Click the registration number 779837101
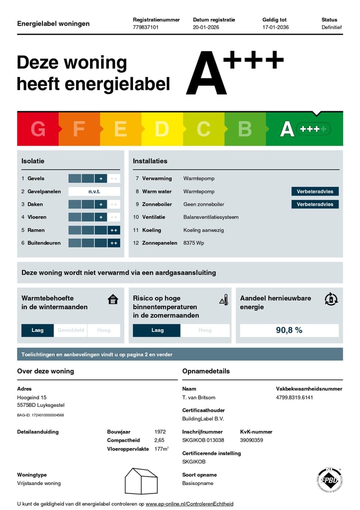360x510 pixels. [x=145, y=28]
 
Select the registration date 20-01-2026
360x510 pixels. [x=206, y=28]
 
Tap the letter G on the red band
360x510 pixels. [x=38, y=129]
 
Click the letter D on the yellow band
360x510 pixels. [x=161, y=129]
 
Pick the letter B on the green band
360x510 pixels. [x=244, y=129]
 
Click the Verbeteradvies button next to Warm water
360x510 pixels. [x=315, y=191]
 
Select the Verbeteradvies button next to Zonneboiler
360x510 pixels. [x=315, y=204]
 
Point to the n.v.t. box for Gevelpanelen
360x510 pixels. [x=94, y=191]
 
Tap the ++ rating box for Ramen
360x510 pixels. [x=114, y=230]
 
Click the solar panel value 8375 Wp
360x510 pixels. [x=194, y=243]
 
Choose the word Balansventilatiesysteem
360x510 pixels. [x=211, y=217]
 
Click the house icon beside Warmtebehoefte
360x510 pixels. [x=113, y=299]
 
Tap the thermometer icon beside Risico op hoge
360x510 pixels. [x=224, y=300]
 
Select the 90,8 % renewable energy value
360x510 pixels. [x=289, y=330]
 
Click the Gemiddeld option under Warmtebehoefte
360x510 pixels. [x=70, y=330]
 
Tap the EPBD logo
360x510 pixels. [x=329, y=480]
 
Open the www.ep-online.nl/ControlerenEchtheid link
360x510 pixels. [x=189, y=504]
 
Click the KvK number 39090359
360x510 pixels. [x=251, y=440]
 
